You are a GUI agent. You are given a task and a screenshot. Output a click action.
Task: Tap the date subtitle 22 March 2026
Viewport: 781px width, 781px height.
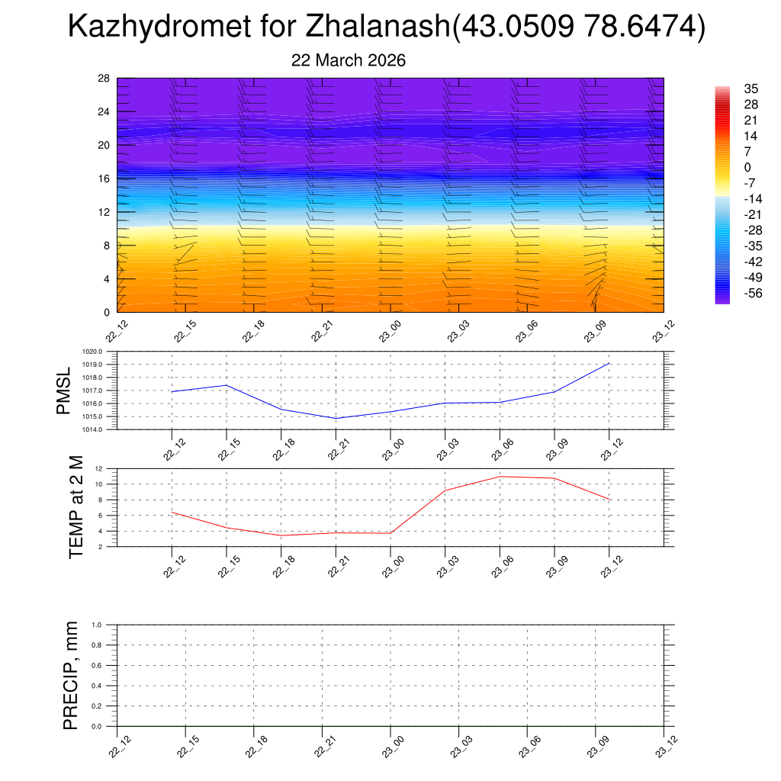[x=349, y=60]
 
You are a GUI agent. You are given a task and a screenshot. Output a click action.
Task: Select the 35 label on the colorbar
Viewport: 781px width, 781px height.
[x=751, y=89]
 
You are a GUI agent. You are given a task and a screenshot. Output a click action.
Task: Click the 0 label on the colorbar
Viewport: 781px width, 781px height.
[x=747, y=168]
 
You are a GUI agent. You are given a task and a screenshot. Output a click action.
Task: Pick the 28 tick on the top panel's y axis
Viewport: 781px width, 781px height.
[x=104, y=79]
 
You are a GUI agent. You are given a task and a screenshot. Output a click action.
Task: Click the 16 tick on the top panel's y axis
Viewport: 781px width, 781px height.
[x=104, y=178]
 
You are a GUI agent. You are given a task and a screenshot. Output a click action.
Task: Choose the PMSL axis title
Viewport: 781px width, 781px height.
[x=63, y=390]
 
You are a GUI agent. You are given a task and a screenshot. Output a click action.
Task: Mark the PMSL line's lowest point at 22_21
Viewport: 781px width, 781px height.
[x=336, y=418]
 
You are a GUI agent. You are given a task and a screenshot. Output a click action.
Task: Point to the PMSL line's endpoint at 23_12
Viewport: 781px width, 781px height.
[x=609, y=363]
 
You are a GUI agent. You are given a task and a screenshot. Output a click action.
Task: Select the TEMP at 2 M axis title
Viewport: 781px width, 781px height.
[x=76, y=507]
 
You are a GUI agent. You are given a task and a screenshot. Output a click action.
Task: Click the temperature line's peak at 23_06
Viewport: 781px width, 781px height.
[x=500, y=477]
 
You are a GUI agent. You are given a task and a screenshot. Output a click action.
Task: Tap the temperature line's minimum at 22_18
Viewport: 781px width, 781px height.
[x=281, y=535]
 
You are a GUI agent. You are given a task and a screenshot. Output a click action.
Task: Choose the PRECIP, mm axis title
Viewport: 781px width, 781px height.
[x=71, y=675]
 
